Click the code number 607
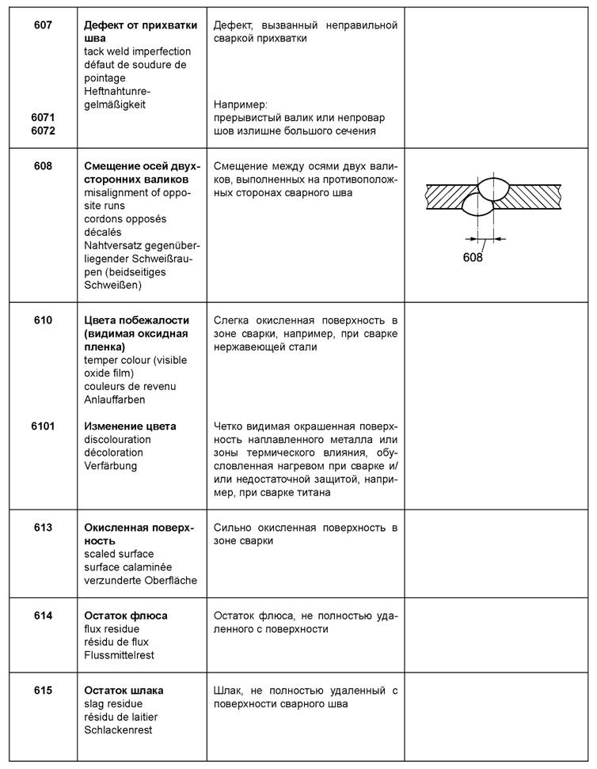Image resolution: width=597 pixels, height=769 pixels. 43,25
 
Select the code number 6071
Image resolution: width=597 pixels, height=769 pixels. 43,117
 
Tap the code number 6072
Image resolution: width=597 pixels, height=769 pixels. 43,131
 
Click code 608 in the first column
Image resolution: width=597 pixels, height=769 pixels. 43,166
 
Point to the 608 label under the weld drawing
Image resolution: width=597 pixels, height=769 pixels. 473,256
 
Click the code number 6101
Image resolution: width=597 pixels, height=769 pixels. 43,426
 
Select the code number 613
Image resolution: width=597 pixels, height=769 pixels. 43,528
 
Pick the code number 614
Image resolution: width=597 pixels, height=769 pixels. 43,616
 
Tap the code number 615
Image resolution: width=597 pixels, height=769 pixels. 43,690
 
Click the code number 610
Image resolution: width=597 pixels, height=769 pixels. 43,320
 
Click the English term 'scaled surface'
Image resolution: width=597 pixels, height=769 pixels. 120,554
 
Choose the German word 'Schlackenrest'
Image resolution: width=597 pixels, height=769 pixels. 118,729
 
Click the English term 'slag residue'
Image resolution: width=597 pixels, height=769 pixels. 115,703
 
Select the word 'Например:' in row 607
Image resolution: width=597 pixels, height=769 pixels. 241,104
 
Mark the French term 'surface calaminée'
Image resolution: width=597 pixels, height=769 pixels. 127,567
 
